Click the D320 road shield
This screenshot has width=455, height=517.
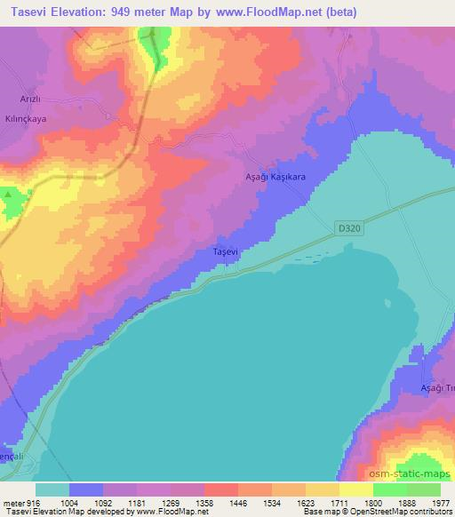pyautogui.click(x=349, y=227)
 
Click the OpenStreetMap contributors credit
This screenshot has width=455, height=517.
pyautogui.click(x=409, y=513)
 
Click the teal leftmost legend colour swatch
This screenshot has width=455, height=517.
pyautogui.click(x=52, y=489)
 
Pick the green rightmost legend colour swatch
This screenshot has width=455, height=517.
pyautogui.click(x=424, y=489)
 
